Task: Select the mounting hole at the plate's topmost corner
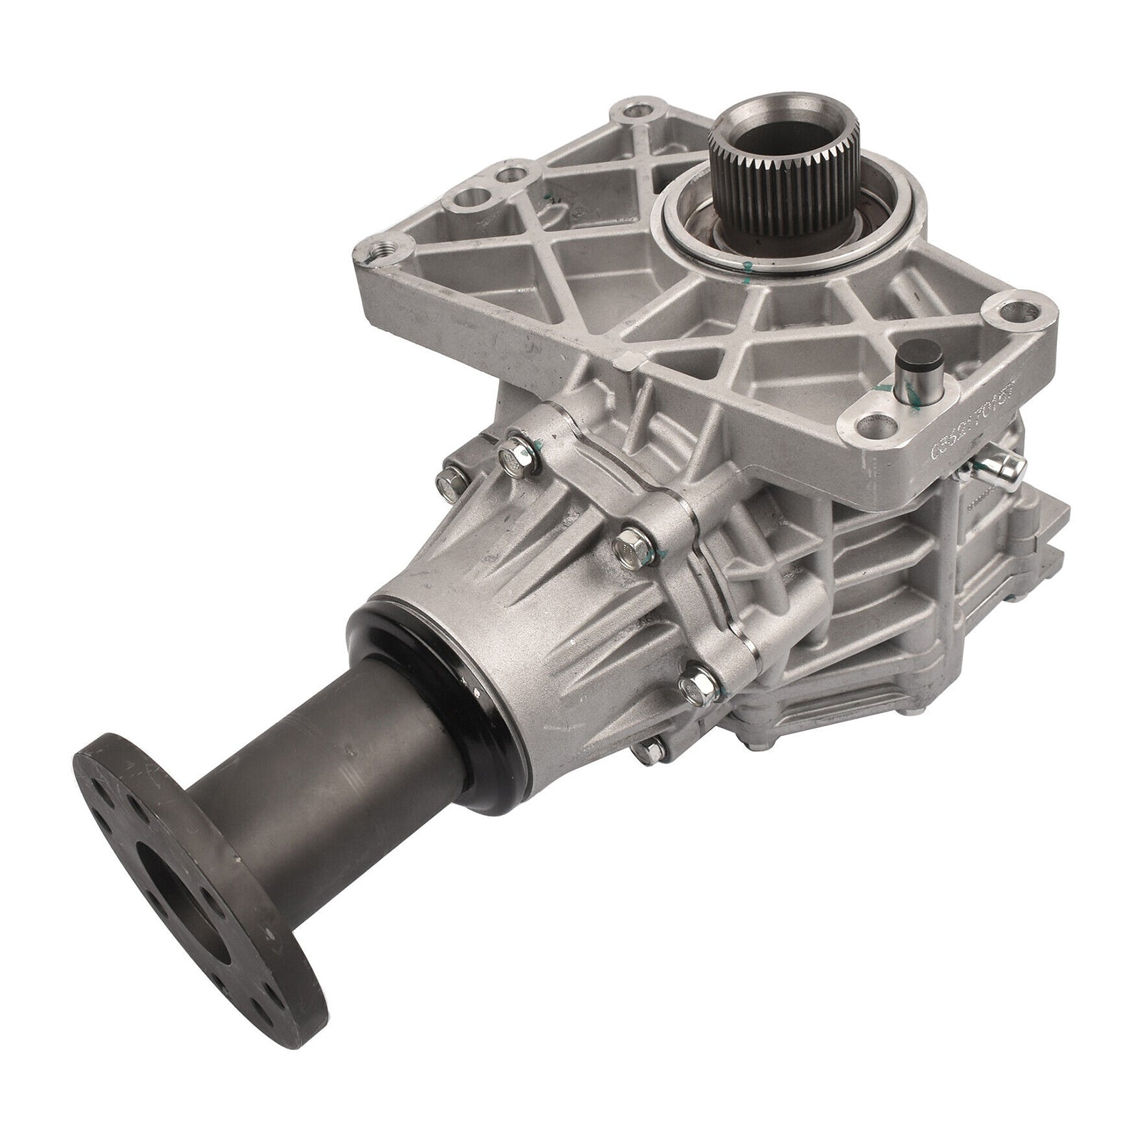[630, 114]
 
